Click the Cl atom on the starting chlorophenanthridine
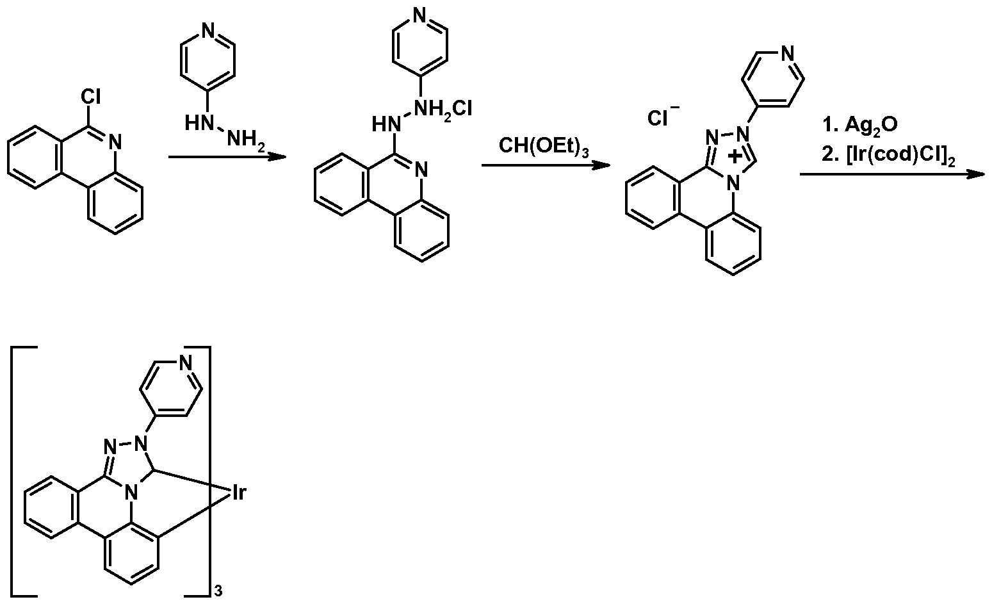[91, 97]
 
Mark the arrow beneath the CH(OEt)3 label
[544, 166]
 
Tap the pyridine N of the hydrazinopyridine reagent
[208, 29]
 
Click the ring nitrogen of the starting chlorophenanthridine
[116, 142]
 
